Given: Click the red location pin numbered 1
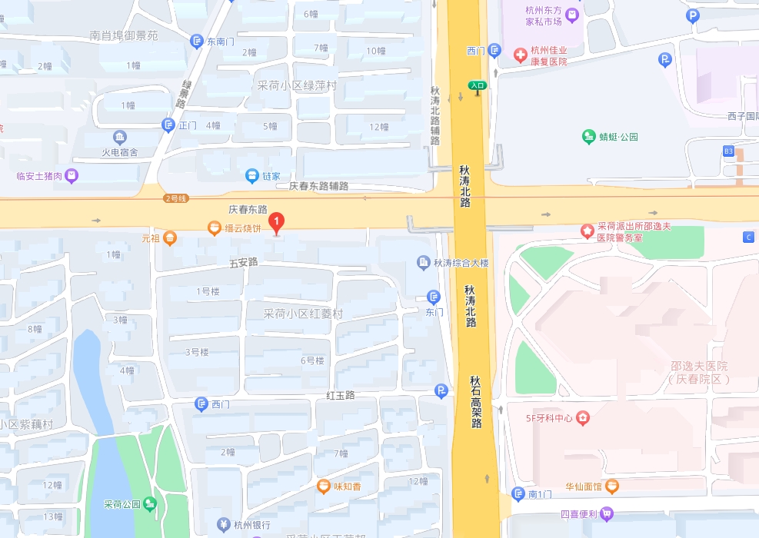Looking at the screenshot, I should pos(278,223).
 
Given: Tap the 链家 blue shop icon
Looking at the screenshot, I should pos(251,176).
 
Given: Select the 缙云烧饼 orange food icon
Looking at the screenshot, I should pos(215,227).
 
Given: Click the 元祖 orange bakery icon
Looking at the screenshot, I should pos(170,239).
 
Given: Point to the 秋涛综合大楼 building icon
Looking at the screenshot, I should pos(424,263).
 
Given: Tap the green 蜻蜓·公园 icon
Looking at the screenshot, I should pos(589,137).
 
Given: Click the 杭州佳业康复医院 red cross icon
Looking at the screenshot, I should pos(520,54).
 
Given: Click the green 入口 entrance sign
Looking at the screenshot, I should pos(478,86).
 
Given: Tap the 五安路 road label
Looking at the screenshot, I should pos(243,263).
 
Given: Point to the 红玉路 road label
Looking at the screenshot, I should pos(340,395).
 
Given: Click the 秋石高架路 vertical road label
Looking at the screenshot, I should pos(476,401).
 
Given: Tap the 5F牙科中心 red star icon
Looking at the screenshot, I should pos(584,418).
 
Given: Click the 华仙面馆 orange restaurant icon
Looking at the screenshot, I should pos(611,486).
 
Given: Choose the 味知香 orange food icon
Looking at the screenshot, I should pos(325,486).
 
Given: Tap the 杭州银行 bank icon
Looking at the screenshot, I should pos(222,525).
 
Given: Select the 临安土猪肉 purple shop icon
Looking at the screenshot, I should pos(72,176).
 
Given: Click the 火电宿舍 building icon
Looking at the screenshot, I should pos(120,138).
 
